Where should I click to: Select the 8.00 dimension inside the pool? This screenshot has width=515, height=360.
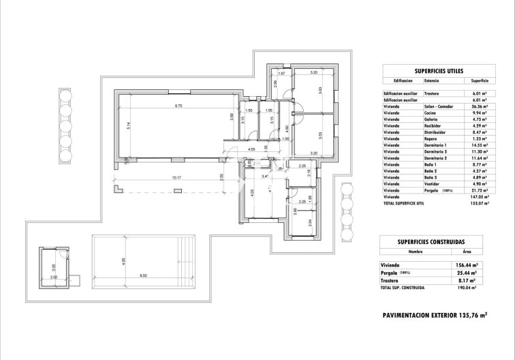click(x=143, y=275)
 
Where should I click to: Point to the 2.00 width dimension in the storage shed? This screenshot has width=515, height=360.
click(x=54, y=278)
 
